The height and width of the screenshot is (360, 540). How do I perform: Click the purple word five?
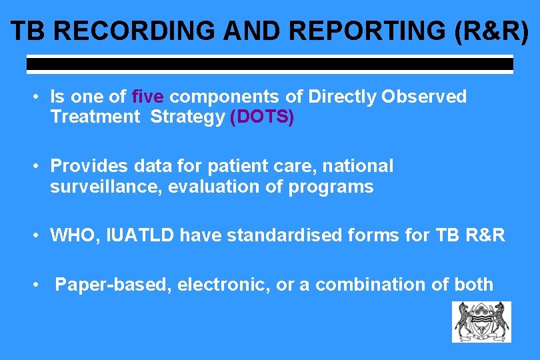tap(147, 97)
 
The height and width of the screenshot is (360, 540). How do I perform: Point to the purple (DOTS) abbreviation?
tap(261, 117)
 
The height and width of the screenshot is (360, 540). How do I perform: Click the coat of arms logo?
tap(481, 322)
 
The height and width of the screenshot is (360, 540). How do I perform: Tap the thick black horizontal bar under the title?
tap(269, 65)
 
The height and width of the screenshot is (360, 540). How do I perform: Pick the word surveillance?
tap(106, 187)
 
